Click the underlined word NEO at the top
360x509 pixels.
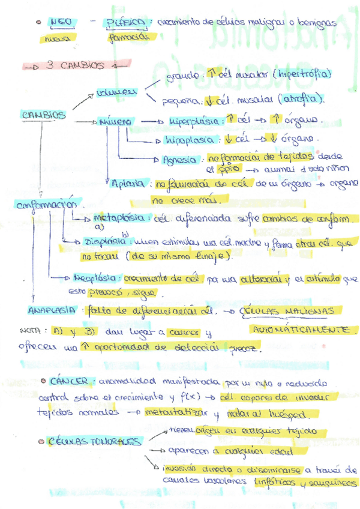pos(61,22)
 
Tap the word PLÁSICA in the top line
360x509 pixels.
pos(125,23)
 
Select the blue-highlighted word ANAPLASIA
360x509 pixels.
pos(51,311)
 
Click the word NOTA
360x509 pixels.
pos(29,331)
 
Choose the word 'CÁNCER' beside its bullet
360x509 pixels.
pos(71,381)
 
